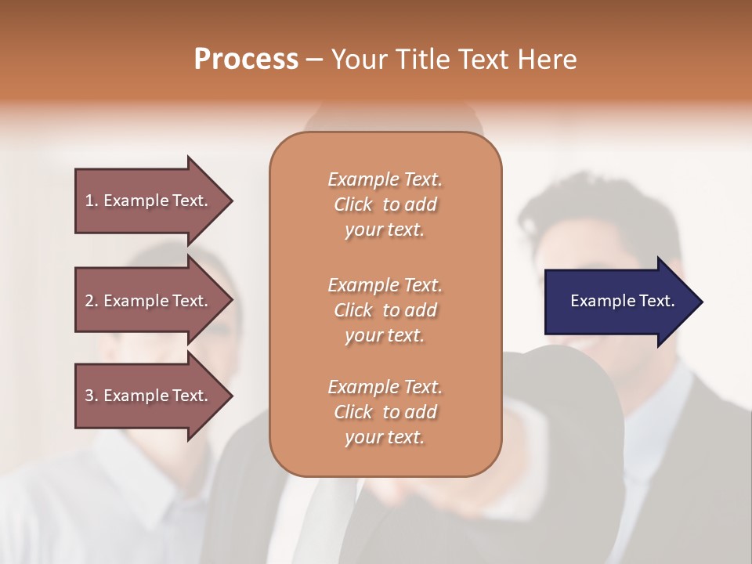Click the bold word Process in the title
point(246,60)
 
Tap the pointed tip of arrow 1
point(230,201)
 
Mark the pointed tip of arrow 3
point(230,396)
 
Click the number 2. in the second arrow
point(92,301)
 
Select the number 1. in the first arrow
point(92,201)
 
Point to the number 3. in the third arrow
point(92,396)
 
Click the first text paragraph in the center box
point(385,204)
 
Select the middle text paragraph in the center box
point(385,310)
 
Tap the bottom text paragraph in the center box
point(385,412)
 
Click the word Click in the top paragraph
point(353,204)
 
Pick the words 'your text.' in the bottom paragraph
point(385,437)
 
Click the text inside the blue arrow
point(622,301)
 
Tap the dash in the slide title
point(314,60)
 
